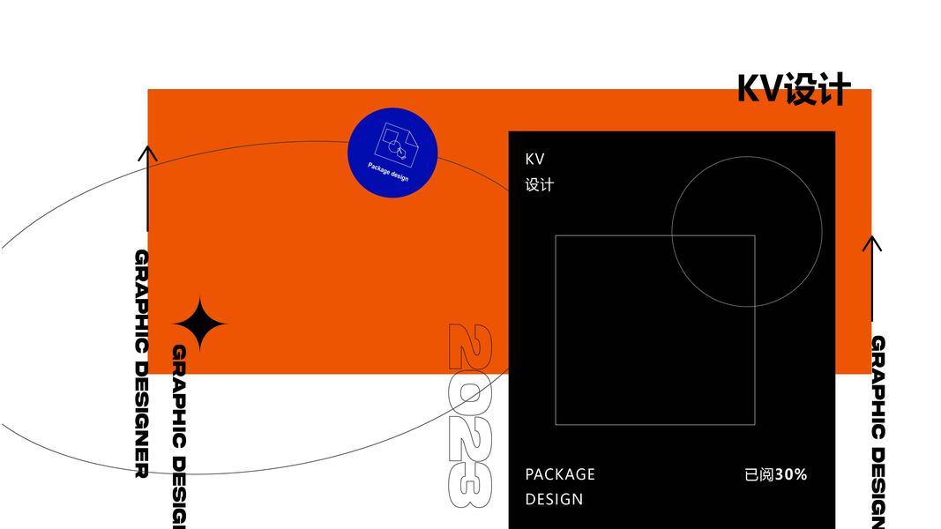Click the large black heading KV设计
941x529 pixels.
[x=794, y=89]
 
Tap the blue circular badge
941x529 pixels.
[x=392, y=153]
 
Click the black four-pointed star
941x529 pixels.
[x=199, y=324]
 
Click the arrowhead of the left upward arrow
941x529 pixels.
[x=147, y=153]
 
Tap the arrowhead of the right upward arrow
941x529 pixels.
[x=872, y=243]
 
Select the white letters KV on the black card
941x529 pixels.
[x=535, y=160]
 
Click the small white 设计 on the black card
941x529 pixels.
[x=539, y=185]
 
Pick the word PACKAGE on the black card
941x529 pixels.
[x=560, y=474]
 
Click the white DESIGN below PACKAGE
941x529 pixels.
[x=554, y=499]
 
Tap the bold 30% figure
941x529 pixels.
[x=791, y=474]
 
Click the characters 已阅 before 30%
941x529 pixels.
[x=759, y=474]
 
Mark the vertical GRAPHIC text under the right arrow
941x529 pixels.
[x=878, y=387]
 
